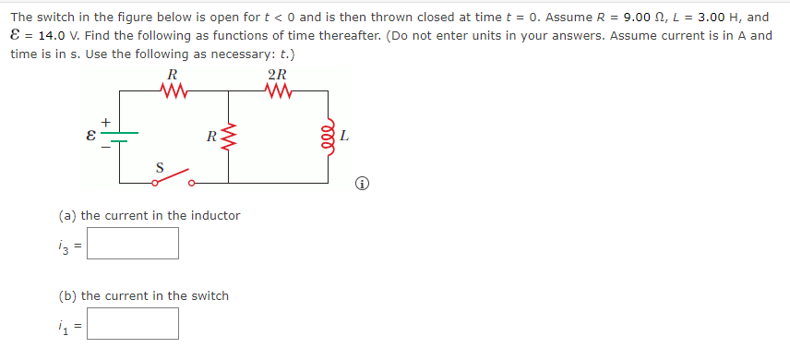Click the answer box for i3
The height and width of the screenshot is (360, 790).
[134, 244]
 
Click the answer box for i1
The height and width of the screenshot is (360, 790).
[134, 323]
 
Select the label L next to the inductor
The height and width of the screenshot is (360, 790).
[343, 137]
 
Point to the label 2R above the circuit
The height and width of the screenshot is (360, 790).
[276, 75]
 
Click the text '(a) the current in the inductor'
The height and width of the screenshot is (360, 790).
[150, 215]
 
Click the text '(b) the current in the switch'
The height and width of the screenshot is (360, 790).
[143, 295]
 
